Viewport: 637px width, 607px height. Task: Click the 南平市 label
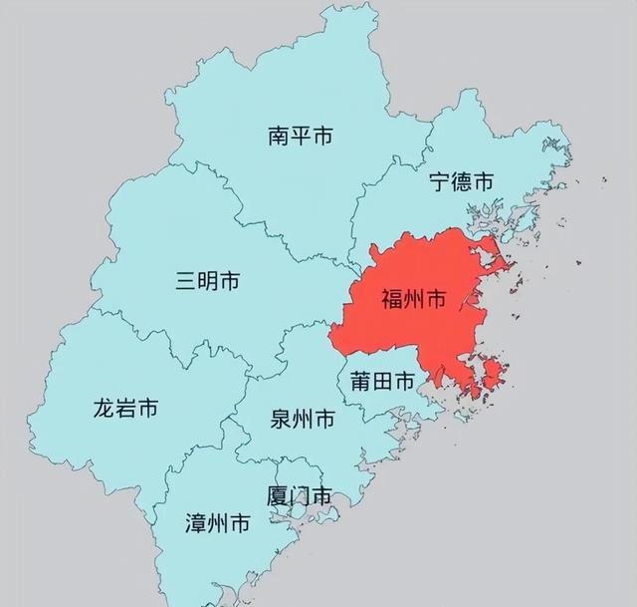(301, 137)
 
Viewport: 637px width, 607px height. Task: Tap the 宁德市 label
(461, 181)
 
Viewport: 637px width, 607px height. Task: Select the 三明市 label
(207, 282)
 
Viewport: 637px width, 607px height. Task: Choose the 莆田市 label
(381, 381)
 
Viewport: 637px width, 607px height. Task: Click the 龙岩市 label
(125, 408)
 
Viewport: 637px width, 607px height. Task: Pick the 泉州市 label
(303, 420)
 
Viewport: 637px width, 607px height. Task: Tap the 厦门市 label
(300, 494)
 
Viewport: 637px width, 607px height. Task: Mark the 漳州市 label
(218, 523)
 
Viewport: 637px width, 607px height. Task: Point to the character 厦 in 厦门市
(278, 494)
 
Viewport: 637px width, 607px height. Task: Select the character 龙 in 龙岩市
(104, 408)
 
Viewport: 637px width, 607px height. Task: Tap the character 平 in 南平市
(301, 137)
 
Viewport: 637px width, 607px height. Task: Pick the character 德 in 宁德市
(461, 181)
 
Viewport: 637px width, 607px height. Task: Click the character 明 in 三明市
(207, 282)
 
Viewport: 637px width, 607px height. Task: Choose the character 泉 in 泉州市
(281, 420)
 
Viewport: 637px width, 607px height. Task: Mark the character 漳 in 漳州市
(196, 523)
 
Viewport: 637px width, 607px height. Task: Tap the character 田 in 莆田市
(381, 381)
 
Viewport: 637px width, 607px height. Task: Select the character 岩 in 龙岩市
(125, 408)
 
